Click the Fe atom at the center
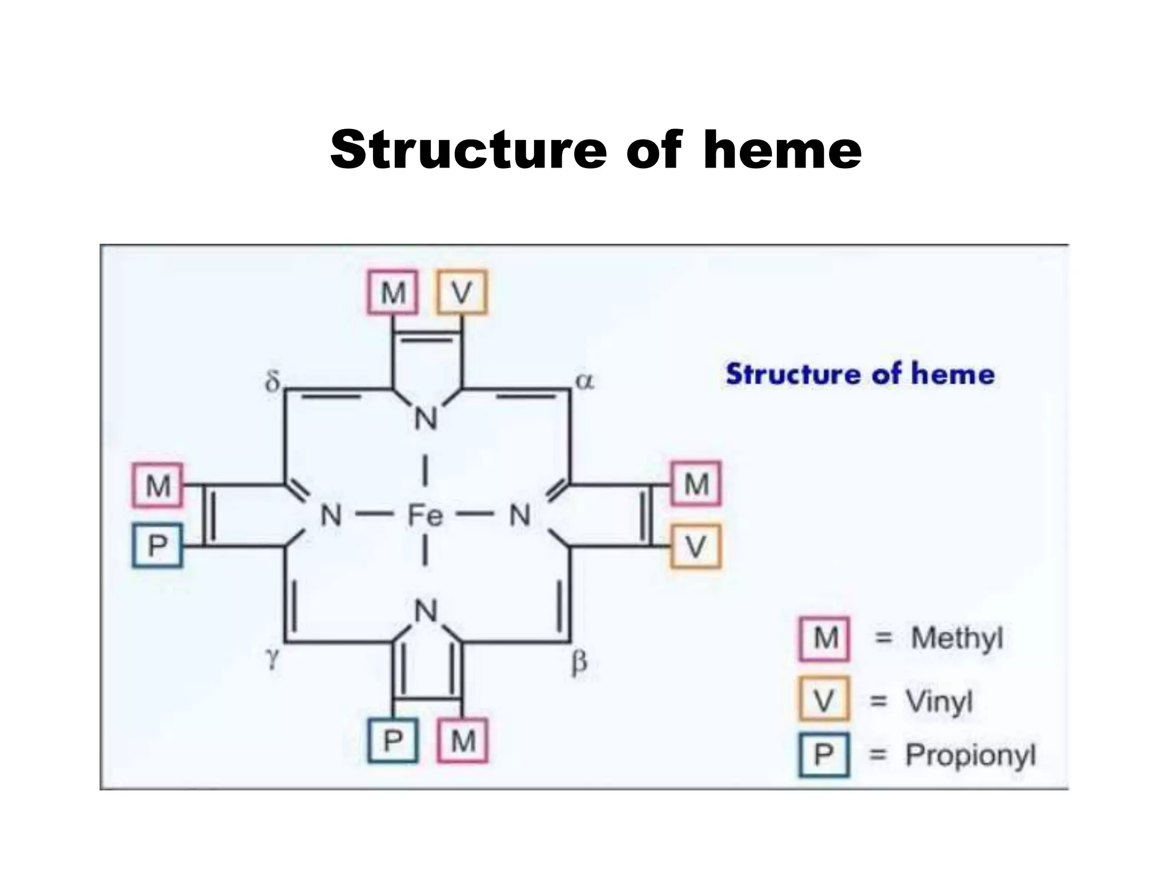pos(425,516)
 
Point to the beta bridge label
pos(579,664)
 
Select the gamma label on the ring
pos(274,659)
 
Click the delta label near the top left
pos(273,381)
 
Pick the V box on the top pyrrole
pos(462,293)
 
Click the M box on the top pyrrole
pos(393,293)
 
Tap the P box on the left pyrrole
pos(158,545)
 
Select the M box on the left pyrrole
pos(158,486)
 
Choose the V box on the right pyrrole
pos(695,546)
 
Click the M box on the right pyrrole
pos(696,484)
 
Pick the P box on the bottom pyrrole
pos(393,741)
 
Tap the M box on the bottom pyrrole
pos(463,741)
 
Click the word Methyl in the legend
pos(957,638)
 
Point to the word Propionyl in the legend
pos(970,756)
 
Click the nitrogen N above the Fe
pos(425,418)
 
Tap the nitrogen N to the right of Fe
pos(519,516)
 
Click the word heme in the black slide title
pos(782,149)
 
